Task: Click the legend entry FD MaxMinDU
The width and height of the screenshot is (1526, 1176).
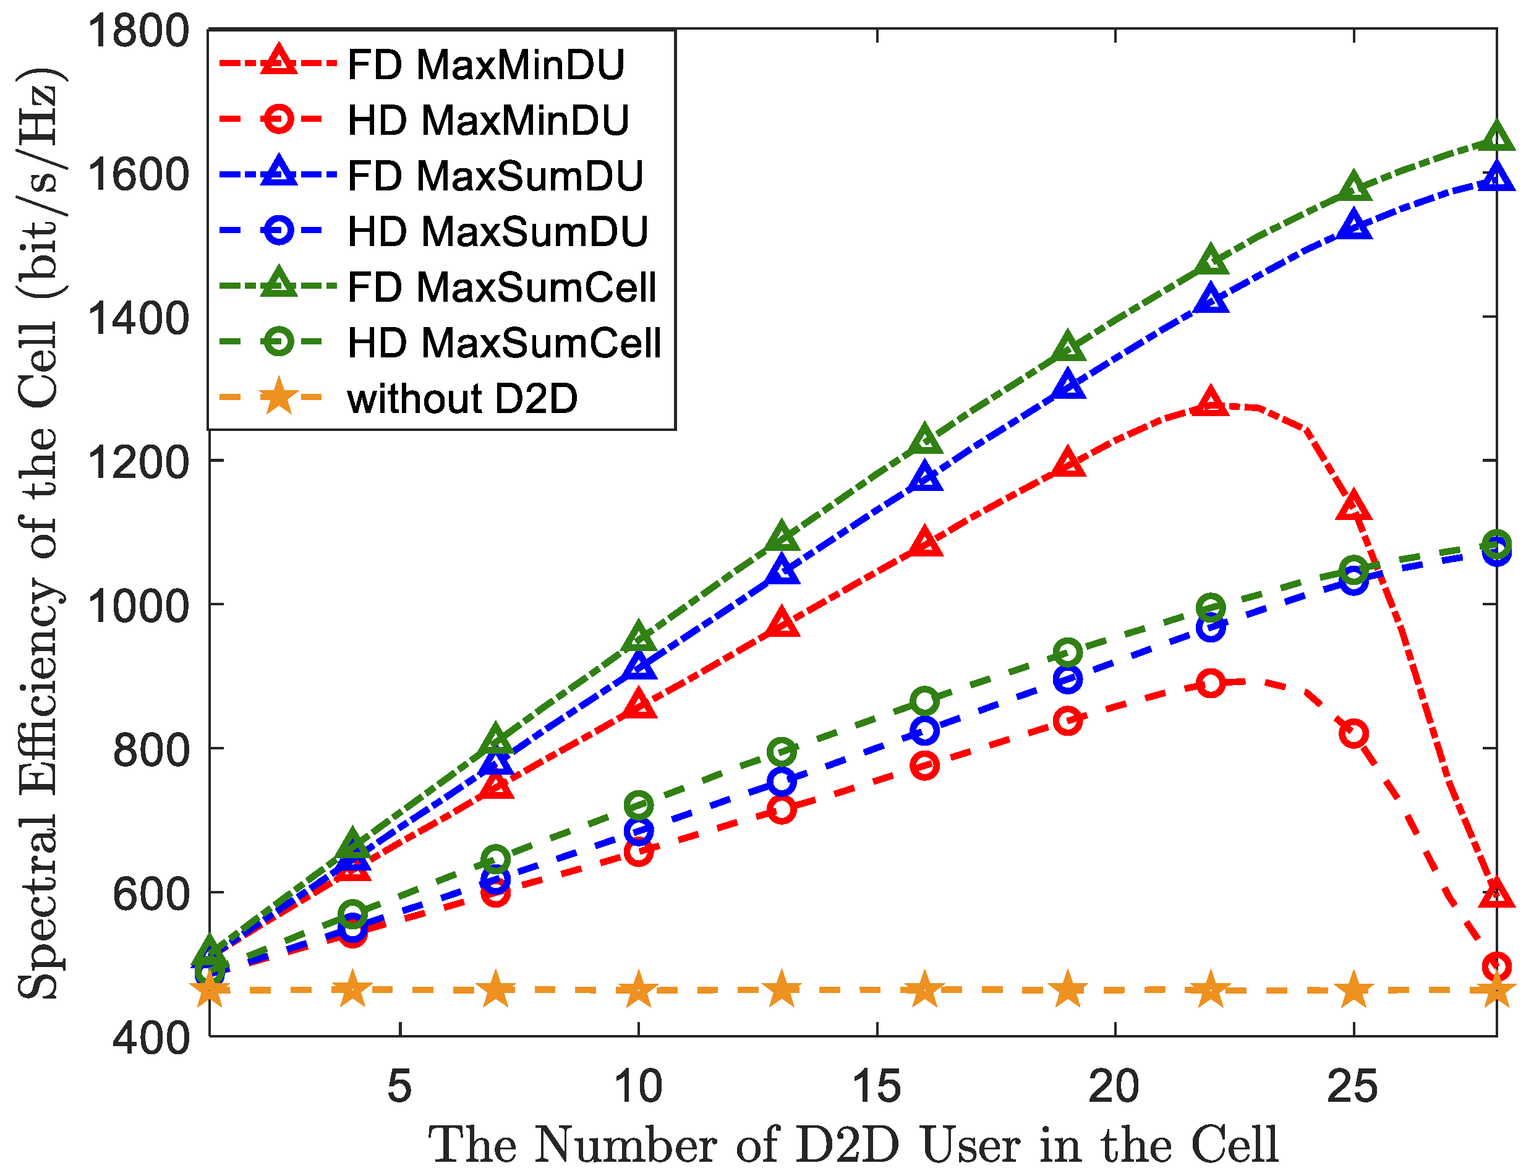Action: tap(485, 65)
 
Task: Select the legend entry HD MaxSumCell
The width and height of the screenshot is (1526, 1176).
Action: tap(504, 343)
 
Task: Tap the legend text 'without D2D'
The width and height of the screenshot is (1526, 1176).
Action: tap(462, 399)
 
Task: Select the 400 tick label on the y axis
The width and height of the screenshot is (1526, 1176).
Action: tap(150, 1038)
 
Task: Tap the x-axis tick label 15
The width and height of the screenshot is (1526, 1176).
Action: tap(876, 1087)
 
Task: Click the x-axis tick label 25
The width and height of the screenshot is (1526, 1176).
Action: tap(1353, 1087)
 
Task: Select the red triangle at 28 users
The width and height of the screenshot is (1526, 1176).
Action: tap(1496, 893)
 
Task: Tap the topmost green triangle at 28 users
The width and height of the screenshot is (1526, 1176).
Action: tap(1496, 138)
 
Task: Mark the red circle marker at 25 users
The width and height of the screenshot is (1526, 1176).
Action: tap(1354, 734)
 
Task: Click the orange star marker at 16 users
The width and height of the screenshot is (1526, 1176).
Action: tap(924, 990)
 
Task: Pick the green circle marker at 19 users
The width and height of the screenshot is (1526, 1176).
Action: tap(1068, 652)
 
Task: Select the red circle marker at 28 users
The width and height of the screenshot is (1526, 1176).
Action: tap(1496, 967)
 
